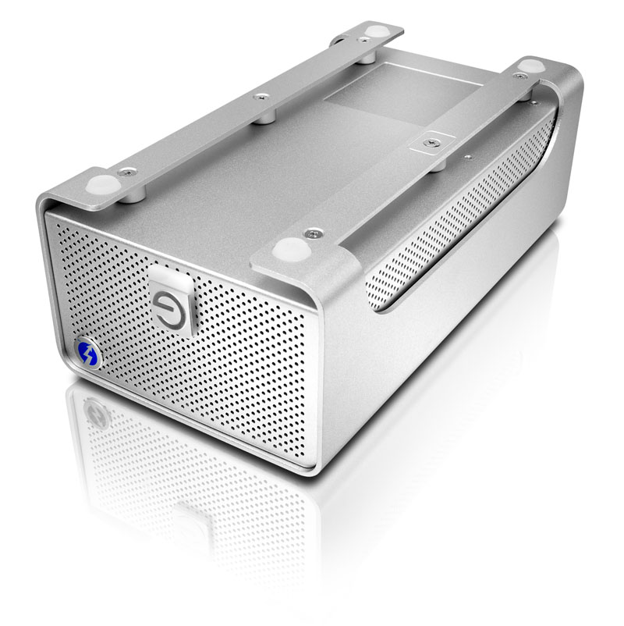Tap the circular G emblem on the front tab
pos(168,301)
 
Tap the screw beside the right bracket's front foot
pos(314,233)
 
